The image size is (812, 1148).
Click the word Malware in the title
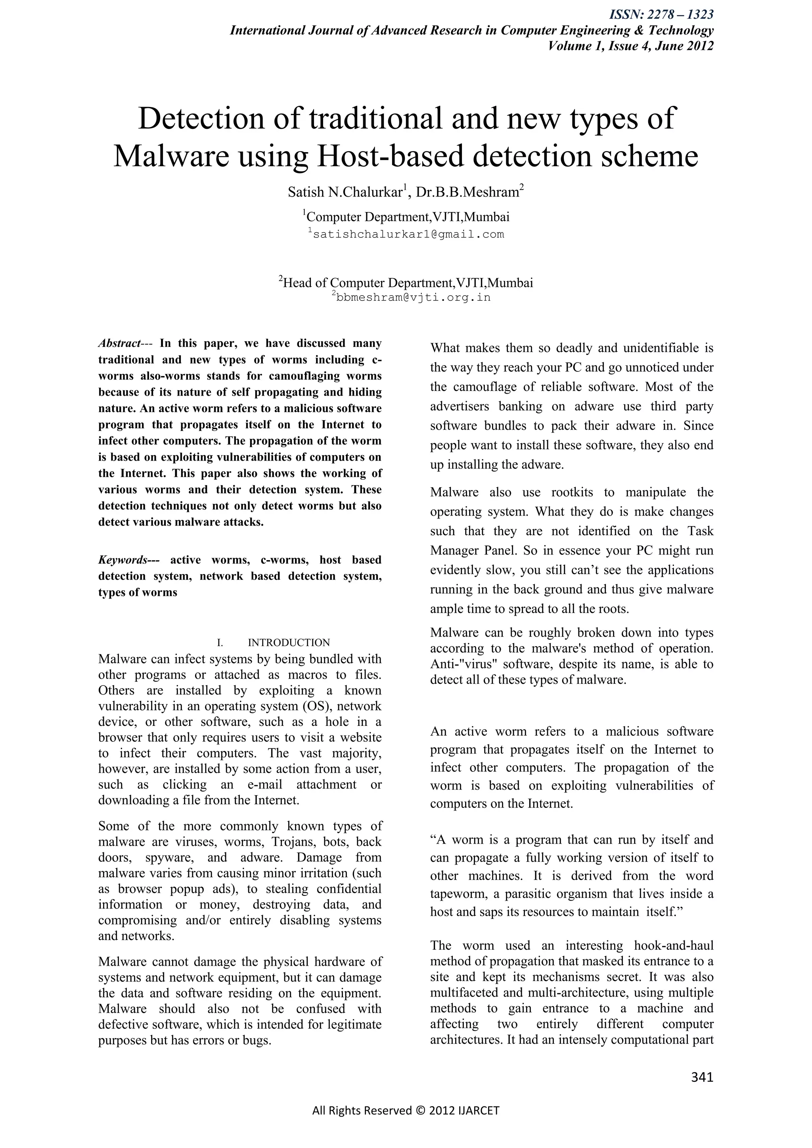170,157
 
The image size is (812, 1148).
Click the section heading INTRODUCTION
289,643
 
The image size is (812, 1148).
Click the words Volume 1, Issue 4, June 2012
630,46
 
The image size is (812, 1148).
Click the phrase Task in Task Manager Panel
701,531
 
